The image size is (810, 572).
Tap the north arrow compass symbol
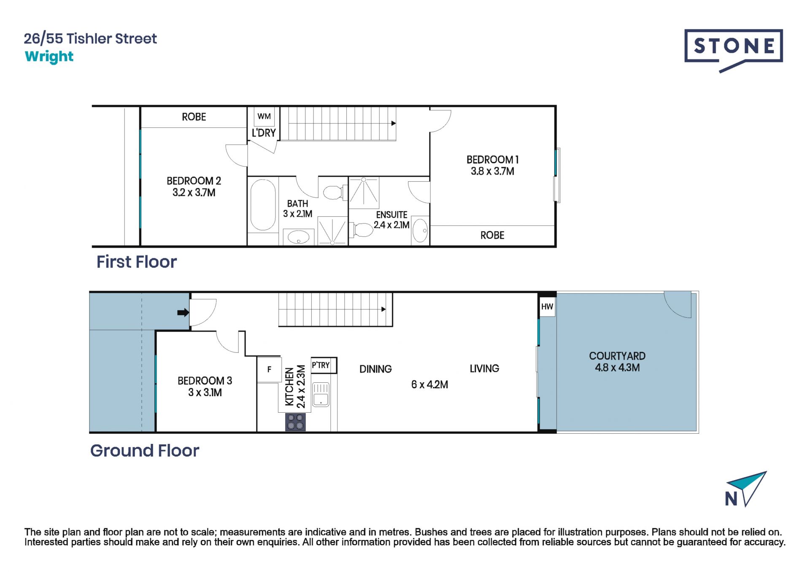coord(745,489)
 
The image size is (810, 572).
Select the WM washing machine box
coord(264,116)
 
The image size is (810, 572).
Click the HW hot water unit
coord(547,306)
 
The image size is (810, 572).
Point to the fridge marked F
coord(269,370)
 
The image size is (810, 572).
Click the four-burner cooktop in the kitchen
coord(295,422)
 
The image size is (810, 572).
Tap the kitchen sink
coord(321,394)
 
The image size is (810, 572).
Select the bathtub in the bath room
coord(263,205)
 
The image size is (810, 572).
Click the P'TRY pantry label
coord(321,365)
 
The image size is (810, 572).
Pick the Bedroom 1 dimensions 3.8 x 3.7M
coord(492,171)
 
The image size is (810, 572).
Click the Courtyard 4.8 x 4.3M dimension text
coord(617,368)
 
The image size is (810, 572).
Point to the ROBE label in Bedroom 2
coord(194,117)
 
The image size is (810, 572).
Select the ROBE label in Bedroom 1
coord(492,235)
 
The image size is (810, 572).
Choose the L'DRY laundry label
coord(264,133)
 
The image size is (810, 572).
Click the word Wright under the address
coord(49,56)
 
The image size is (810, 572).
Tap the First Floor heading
coord(137,262)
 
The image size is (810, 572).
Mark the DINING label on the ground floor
coord(375,369)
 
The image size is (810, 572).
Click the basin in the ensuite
coord(420,230)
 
